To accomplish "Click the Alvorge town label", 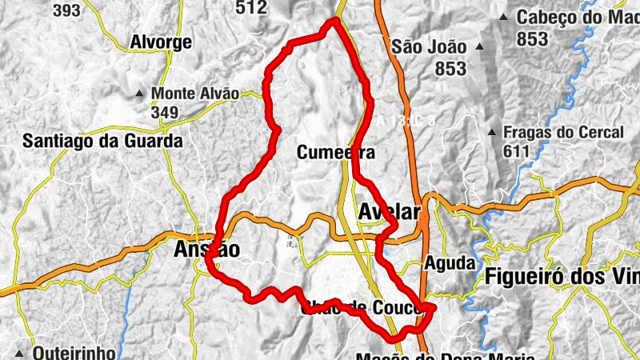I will tap(161, 42).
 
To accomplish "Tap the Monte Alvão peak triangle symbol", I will tap(140, 94).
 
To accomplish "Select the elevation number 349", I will tap(164, 112).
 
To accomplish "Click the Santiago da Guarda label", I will tap(102, 142).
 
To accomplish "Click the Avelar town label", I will tap(390, 213).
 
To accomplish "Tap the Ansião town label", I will tap(206, 250).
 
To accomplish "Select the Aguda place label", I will tap(450, 262).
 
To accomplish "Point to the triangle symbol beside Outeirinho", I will tap(19, 353).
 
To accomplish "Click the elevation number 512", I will tap(251, 7).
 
